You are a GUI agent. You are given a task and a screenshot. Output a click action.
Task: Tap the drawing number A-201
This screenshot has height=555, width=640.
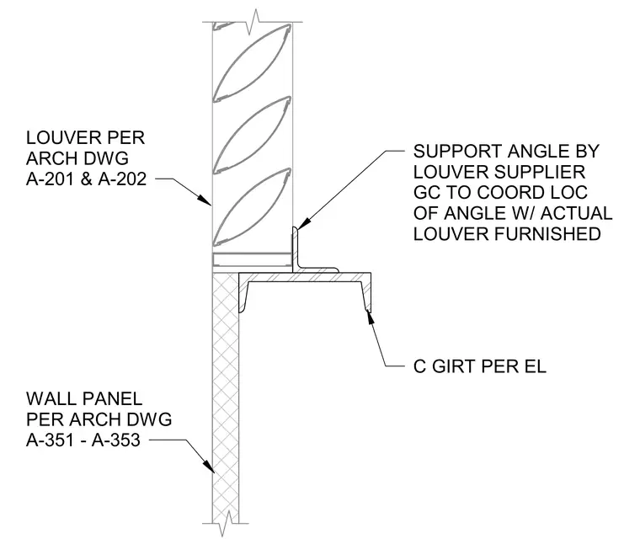click(x=45, y=179)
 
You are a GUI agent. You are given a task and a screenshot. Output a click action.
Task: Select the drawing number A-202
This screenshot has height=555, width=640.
click(x=122, y=179)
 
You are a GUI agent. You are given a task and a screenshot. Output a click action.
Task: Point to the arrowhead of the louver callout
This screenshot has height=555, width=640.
click(x=204, y=199)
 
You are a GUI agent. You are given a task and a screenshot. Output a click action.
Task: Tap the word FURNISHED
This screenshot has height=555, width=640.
click(x=547, y=234)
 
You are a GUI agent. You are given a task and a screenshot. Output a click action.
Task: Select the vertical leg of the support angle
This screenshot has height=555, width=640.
click(x=295, y=249)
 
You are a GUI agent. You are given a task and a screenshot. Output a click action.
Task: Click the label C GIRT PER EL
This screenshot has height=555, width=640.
click(x=480, y=366)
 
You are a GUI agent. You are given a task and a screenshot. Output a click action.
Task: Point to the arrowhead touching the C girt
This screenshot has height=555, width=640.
click(x=371, y=318)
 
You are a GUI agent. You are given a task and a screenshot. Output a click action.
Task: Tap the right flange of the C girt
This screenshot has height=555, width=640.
click(x=365, y=292)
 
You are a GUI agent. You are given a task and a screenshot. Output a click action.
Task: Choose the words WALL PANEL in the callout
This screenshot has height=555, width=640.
click(x=84, y=398)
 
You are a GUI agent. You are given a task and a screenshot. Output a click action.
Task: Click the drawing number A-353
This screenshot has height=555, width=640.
click(x=116, y=440)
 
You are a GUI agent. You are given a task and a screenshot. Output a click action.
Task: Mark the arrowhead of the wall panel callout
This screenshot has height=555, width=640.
click(x=208, y=466)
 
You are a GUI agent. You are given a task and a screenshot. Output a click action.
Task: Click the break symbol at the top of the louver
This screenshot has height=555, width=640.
click(x=253, y=21)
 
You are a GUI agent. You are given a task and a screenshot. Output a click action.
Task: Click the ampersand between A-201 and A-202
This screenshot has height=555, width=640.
click(x=86, y=179)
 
